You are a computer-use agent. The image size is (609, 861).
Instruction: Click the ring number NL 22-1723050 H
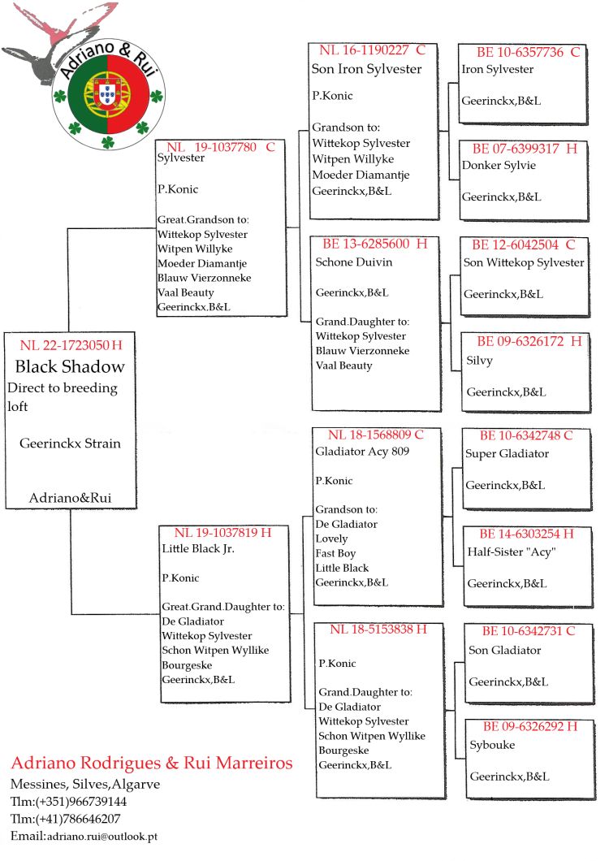[71, 345]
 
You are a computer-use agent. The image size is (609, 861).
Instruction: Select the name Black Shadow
[70, 366]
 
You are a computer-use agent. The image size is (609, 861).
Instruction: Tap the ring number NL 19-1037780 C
[221, 147]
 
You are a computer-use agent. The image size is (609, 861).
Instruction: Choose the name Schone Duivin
[354, 262]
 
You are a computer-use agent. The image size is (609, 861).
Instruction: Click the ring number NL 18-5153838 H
[378, 630]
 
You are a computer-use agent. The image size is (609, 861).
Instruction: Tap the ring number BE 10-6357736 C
[520, 53]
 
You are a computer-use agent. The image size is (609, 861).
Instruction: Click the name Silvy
[480, 361]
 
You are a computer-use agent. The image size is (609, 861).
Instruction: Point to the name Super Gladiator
[507, 453]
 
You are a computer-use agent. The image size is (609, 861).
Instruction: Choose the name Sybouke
[492, 745]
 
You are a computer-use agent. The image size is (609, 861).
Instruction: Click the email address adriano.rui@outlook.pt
[101, 836]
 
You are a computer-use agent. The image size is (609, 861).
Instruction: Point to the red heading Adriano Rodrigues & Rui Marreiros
[152, 764]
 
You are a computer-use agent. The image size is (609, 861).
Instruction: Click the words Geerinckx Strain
[70, 443]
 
